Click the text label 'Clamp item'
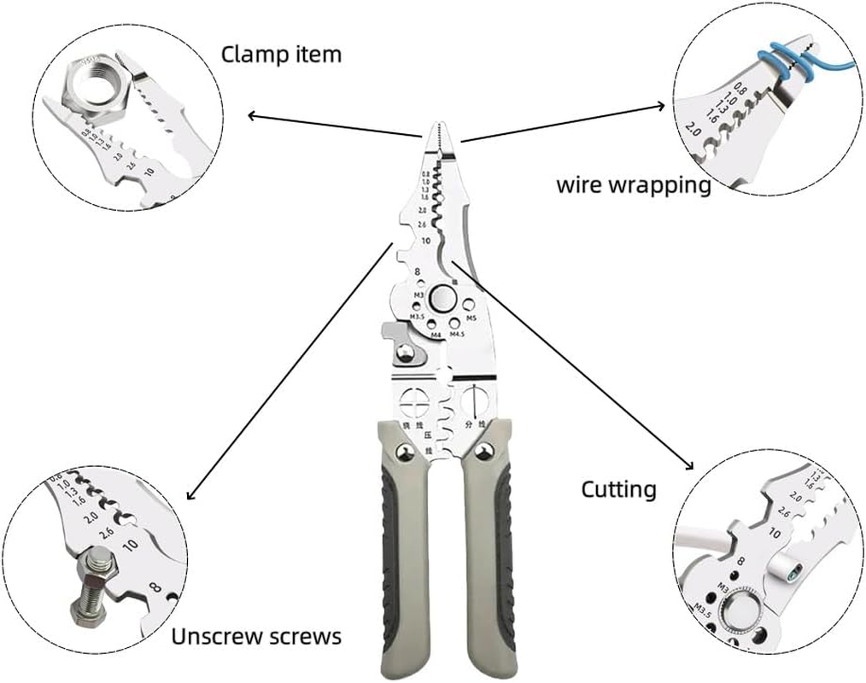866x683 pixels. coord(281,55)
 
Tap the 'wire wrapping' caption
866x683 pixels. coord(634,184)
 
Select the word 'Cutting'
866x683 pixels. coord(619,489)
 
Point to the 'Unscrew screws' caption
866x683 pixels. coord(256,636)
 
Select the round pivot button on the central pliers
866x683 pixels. coord(443,298)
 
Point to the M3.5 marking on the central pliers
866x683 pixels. coord(418,317)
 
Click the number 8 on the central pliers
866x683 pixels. coord(418,272)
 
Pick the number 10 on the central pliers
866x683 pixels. coord(424,241)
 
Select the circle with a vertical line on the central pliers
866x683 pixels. coord(473,399)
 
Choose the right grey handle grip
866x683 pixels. coord(489,555)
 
